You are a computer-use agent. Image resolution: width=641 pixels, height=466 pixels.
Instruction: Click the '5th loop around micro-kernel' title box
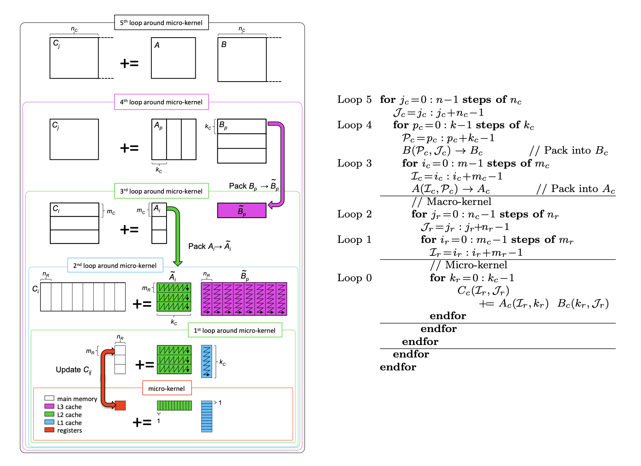161,23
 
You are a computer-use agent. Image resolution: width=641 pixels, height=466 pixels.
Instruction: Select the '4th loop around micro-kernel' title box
161,102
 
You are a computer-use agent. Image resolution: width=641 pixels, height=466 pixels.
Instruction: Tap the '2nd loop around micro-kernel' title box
115,266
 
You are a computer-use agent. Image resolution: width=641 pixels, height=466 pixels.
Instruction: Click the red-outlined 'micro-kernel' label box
167,389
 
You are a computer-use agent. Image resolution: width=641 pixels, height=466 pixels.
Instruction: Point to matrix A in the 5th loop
173,58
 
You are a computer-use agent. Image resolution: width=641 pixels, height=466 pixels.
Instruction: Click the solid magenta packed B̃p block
242,211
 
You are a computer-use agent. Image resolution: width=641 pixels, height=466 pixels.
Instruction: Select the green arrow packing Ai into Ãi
177,235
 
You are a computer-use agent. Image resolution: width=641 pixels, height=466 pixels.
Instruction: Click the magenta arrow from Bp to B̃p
281,163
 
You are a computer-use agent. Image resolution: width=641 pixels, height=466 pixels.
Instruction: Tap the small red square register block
120,405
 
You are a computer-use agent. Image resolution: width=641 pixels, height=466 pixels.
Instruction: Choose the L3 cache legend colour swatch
49,406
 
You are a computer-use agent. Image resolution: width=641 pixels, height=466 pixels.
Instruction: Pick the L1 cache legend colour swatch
49,422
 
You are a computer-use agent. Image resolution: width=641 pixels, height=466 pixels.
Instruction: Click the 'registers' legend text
69,430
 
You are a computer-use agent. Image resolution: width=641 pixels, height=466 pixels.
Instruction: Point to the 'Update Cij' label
74,370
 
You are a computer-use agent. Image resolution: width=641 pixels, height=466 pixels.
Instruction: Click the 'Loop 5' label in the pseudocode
354,100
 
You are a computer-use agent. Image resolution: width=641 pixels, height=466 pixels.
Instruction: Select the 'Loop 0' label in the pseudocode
354,278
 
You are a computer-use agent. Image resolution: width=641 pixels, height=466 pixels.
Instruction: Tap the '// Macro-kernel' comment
451,202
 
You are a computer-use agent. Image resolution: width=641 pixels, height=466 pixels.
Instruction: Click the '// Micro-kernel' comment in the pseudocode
468,265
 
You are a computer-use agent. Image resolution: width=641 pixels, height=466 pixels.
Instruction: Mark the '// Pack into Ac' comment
575,189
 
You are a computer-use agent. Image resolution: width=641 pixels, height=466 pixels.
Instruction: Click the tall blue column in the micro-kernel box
207,416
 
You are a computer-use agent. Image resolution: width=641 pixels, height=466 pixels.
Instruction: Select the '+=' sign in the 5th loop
129,63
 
